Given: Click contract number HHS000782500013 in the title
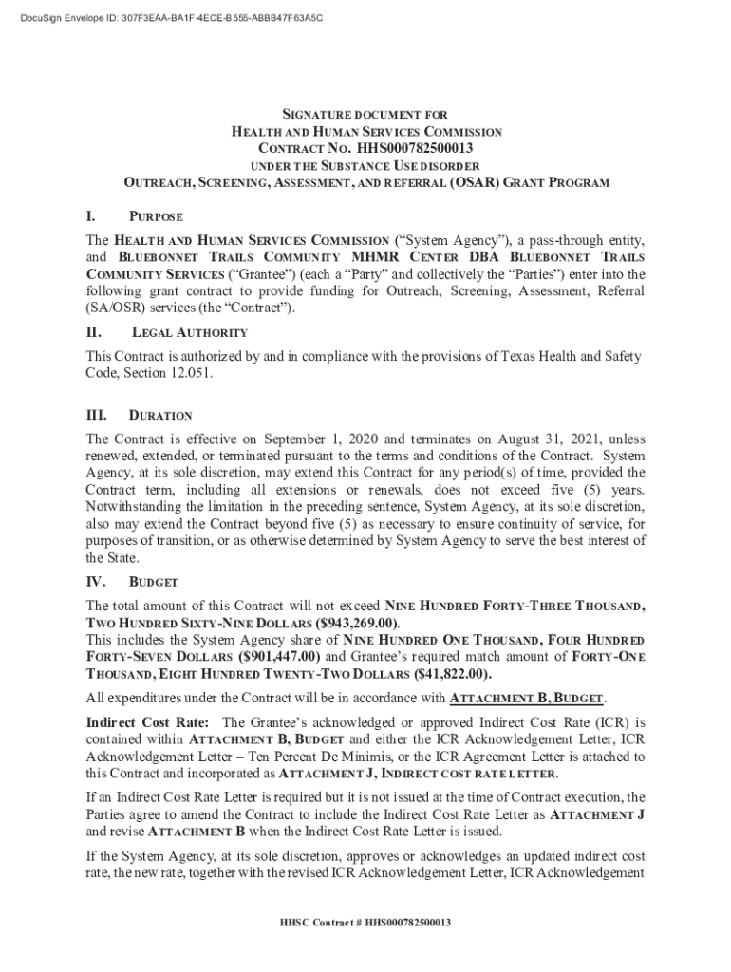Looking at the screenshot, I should tap(414, 149).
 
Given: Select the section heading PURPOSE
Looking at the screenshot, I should tap(156, 217).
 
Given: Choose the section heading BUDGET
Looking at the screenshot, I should tap(153, 582).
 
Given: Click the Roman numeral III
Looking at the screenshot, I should tap(96, 416).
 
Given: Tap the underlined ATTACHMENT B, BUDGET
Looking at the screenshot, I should tap(526, 699).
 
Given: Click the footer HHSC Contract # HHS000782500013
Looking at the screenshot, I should tap(365, 922).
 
